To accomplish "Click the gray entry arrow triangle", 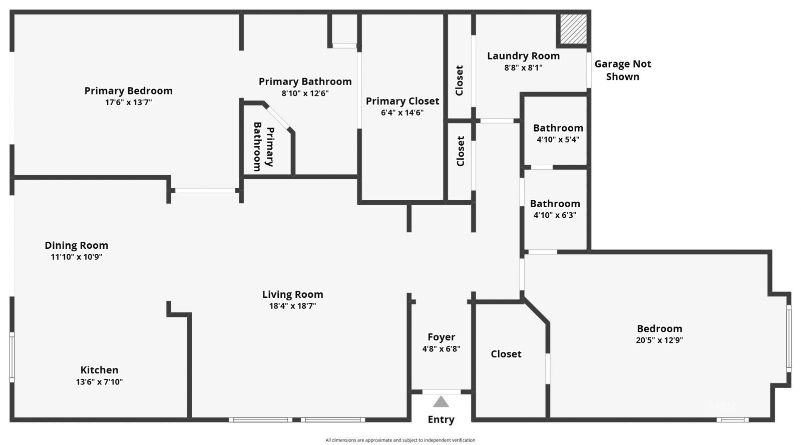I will coord(441,401).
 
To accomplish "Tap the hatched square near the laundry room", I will coord(573,29).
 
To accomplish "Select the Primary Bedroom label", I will coord(128,91).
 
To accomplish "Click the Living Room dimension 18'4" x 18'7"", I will coord(292,306).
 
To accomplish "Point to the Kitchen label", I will coord(99,370).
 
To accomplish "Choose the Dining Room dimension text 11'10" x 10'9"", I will coord(77,257).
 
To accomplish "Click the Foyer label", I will coord(441,337).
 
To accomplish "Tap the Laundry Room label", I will coord(523,56).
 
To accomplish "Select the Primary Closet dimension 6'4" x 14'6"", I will coord(402,113).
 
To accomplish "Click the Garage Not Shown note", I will coord(622,70).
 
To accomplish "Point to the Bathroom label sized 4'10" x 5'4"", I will coord(558,128).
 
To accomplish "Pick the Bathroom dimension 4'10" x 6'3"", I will coord(555,215).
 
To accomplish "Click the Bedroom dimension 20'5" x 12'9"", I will coord(659,340).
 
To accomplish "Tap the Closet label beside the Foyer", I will coord(506,354).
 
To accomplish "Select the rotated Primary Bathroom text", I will coord(263,146).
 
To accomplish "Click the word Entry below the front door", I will coord(441,419).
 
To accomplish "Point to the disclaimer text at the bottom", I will coord(400,440).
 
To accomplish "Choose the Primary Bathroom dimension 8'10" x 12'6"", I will coord(305,93).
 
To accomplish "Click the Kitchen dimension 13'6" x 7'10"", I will coord(99,382).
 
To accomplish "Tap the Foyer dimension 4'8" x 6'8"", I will coord(441,349).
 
